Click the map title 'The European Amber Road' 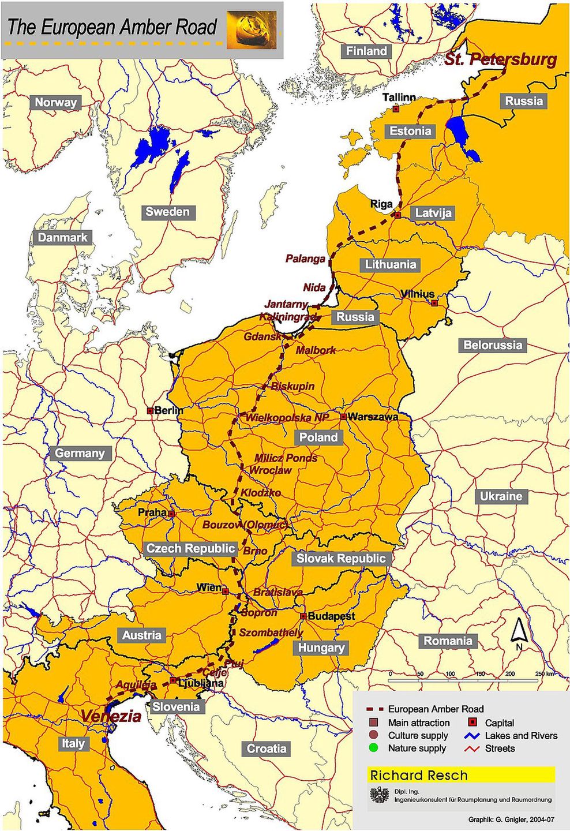click(x=112, y=27)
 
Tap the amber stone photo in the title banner click(x=251, y=29)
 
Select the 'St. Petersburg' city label click(x=500, y=59)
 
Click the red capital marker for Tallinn click(x=396, y=108)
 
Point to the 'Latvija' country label click(x=433, y=213)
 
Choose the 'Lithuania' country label click(x=391, y=265)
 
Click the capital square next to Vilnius click(x=434, y=303)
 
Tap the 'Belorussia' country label click(x=493, y=345)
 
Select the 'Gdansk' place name click(x=262, y=336)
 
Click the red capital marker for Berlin click(x=150, y=411)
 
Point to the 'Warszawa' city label click(x=373, y=417)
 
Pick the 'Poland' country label click(x=318, y=437)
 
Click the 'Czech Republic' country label click(x=190, y=548)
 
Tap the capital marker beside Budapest click(x=303, y=616)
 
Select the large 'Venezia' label click(x=111, y=716)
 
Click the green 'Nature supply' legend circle click(x=374, y=748)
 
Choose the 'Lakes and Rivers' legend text click(x=521, y=736)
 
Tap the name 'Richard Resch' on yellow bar click(x=419, y=775)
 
